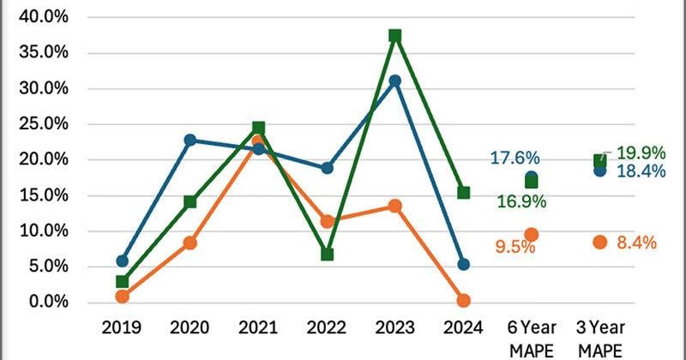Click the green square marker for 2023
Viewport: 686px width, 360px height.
pos(395,36)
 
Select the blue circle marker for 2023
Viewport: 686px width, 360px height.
pos(395,81)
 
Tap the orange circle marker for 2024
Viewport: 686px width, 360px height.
pos(464,300)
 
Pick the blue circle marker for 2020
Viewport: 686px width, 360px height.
pos(190,140)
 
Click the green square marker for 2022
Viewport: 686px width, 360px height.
pos(327,254)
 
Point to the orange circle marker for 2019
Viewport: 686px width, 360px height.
pos(123,296)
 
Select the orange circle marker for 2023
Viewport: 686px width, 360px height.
pos(395,206)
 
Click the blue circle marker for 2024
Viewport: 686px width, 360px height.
pos(464,264)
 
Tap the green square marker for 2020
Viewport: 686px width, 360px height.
pos(190,201)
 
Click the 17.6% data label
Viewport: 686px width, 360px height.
pos(514,158)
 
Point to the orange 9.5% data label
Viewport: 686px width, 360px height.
pos(514,247)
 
